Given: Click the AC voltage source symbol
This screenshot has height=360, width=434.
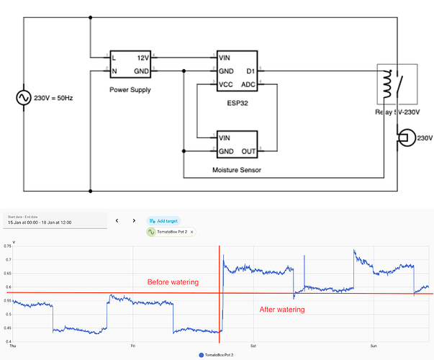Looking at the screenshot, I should click(22, 97).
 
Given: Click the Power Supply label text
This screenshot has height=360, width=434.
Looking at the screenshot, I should click(130, 90).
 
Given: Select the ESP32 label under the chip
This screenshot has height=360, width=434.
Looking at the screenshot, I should click(237, 103).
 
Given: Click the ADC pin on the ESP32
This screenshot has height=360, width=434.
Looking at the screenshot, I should click(248, 84).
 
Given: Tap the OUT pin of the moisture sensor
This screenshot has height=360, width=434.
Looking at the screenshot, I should click(248, 150).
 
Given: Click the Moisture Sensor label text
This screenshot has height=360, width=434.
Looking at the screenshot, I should click(237, 170).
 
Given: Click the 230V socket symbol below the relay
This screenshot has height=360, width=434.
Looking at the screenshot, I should click(405, 138).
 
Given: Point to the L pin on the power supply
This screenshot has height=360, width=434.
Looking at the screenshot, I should click(114, 56).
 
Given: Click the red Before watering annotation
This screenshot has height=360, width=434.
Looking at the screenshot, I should click(173, 282).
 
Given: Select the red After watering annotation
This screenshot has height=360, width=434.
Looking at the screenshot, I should click(281, 309).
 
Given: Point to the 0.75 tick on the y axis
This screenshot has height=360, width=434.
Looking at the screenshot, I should click(8, 246).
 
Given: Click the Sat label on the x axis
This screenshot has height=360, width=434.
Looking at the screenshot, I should click(253, 346).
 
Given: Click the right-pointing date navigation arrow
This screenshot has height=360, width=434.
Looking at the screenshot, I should click(134, 220).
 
